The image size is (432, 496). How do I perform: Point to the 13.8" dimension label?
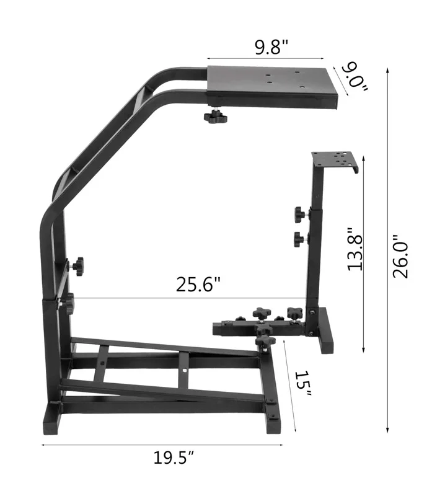pyautogui.click(x=354, y=248)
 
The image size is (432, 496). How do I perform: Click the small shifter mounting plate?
pyautogui.click(x=333, y=161)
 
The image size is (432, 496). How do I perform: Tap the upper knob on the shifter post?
pyautogui.click(x=301, y=215)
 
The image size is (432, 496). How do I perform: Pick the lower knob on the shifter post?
pyautogui.click(x=301, y=237)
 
